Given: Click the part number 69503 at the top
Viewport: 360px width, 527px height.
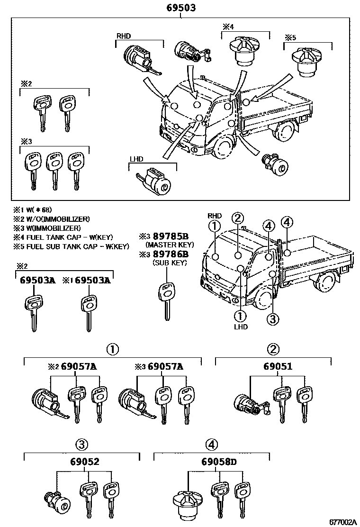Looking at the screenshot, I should (x=180, y=8).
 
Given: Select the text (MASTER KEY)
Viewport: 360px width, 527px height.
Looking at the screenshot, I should (x=170, y=245).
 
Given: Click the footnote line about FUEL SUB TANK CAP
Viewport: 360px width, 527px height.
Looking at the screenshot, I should (x=71, y=246).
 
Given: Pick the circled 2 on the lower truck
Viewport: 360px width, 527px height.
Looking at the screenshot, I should (x=238, y=218).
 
